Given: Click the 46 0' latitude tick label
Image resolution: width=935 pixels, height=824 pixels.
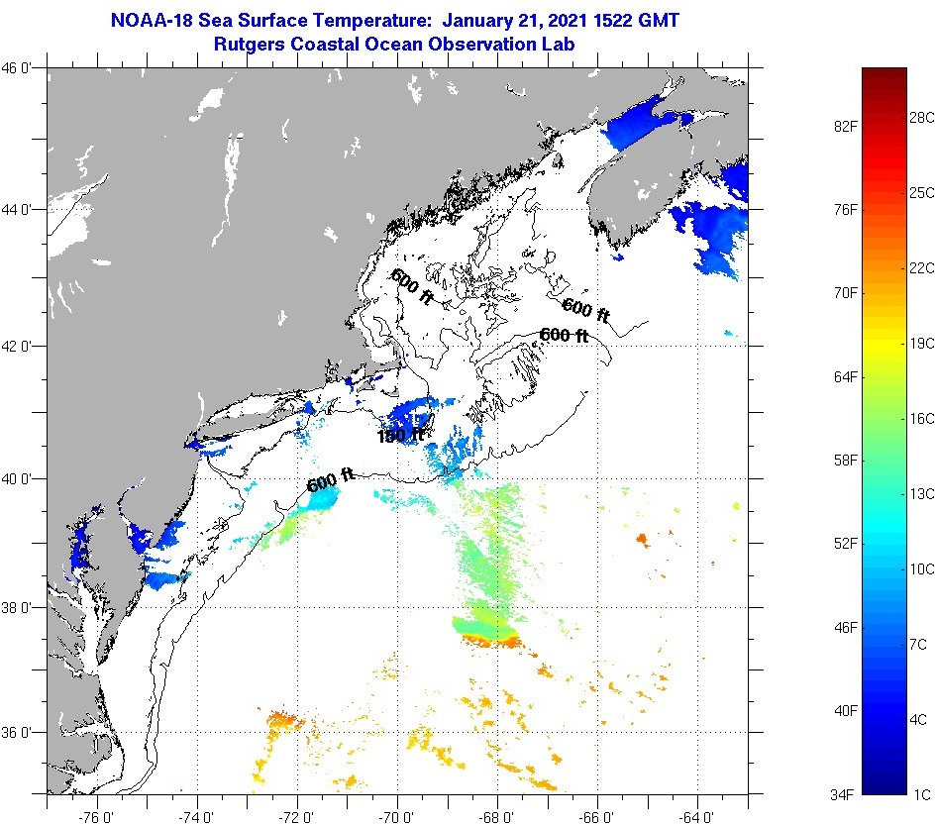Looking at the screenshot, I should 17,68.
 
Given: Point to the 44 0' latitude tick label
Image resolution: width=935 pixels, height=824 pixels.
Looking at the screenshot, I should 17,210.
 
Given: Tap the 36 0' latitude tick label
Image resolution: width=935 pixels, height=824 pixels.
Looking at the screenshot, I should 17,733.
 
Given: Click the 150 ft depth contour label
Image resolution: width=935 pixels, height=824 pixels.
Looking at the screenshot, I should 400,436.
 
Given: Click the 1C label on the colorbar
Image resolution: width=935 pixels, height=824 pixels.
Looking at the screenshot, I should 920,794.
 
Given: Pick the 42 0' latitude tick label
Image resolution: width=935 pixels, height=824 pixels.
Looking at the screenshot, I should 17,347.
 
